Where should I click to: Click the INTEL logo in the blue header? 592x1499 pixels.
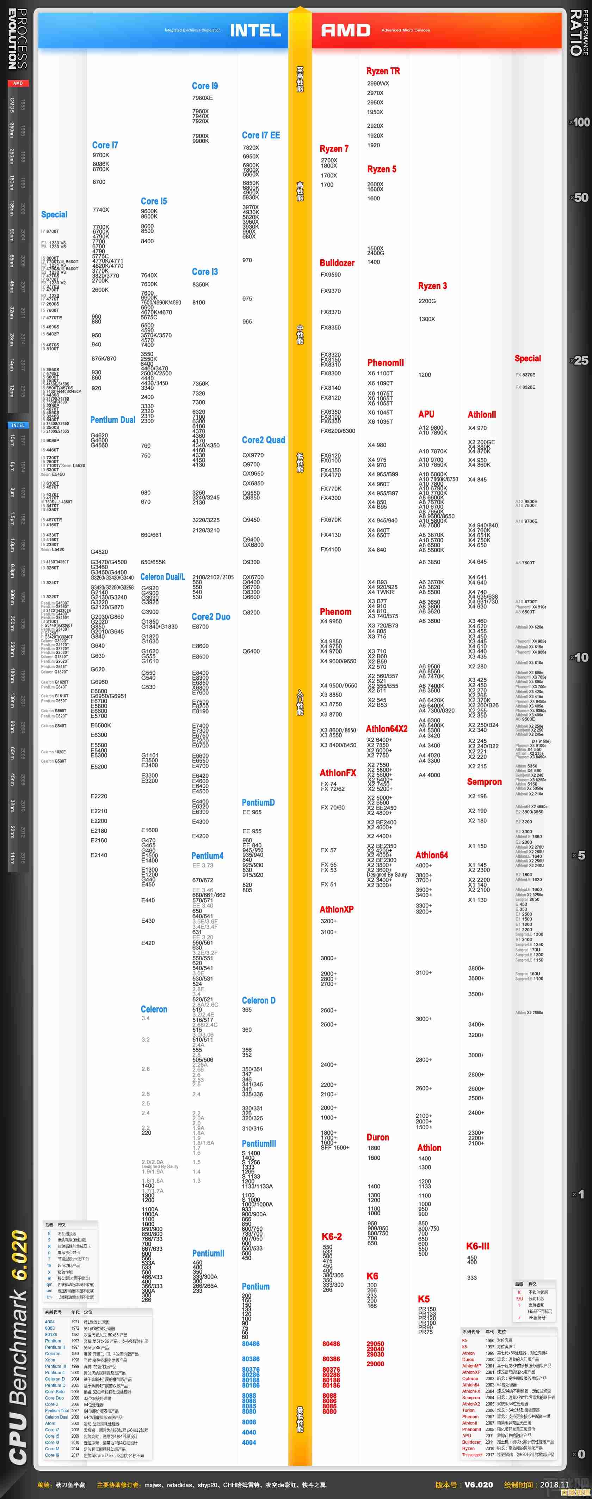[x=255, y=30]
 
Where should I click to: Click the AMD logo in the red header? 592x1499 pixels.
[x=345, y=30]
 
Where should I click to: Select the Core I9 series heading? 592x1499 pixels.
[x=205, y=86]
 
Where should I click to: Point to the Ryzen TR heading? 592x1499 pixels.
[x=383, y=71]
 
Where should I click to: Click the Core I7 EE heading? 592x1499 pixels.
[x=260, y=135]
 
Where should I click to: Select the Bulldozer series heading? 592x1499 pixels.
[x=337, y=263]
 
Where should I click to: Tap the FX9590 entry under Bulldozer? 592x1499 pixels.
[x=330, y=275]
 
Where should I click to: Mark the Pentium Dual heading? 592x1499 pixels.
[x=113, y=420]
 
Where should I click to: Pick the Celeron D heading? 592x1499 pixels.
[x=258, y=1000]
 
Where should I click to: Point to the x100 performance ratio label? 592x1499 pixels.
[x=580, y=122]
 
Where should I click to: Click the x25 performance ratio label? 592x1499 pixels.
[x=580, y=361]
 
